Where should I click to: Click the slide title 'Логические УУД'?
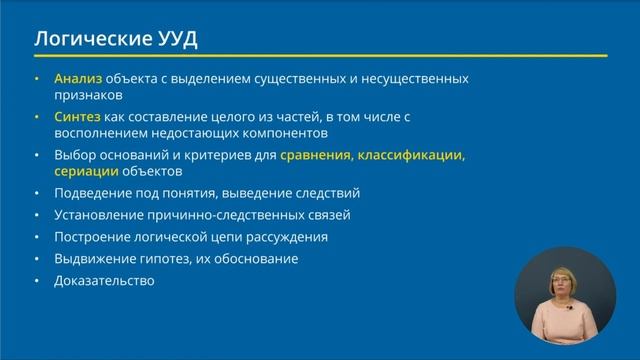click(x=116, y=40)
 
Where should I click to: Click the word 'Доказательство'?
click(x=105, y=280)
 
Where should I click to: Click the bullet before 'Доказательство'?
click(x=37, y=280)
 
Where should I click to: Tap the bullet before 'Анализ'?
click(x=37, y=78)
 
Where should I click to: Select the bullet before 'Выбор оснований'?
click(x=37, y=155)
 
